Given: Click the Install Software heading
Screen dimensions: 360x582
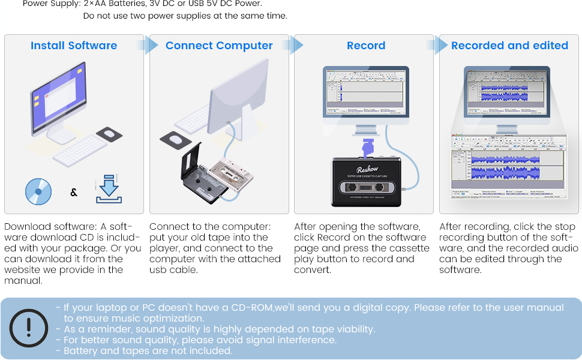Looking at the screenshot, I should coord(74,46).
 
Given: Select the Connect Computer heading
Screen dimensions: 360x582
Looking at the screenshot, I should coord(219,46).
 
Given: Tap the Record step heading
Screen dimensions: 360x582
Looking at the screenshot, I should coord(366,46).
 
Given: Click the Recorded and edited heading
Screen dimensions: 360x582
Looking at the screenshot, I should coord(509,46).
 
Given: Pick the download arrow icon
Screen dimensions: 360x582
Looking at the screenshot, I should coord(109,190).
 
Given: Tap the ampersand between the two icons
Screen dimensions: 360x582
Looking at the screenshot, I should coord(74,193).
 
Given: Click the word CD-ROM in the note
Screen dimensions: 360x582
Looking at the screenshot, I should coord(252,308).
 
